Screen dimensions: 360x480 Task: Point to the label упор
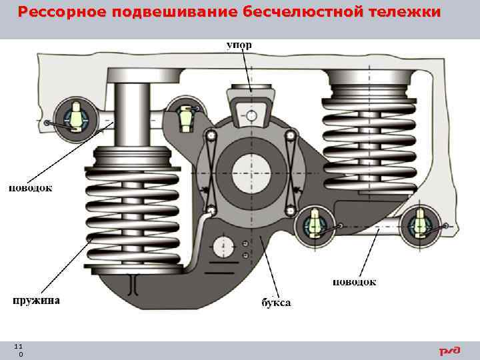239,45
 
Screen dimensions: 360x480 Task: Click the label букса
275,303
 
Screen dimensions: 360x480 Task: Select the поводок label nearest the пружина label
30,189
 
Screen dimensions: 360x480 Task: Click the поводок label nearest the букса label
354,282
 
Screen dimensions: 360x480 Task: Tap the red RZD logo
449,351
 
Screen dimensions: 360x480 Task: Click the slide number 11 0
18,351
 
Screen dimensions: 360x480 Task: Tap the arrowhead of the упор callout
251,91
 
